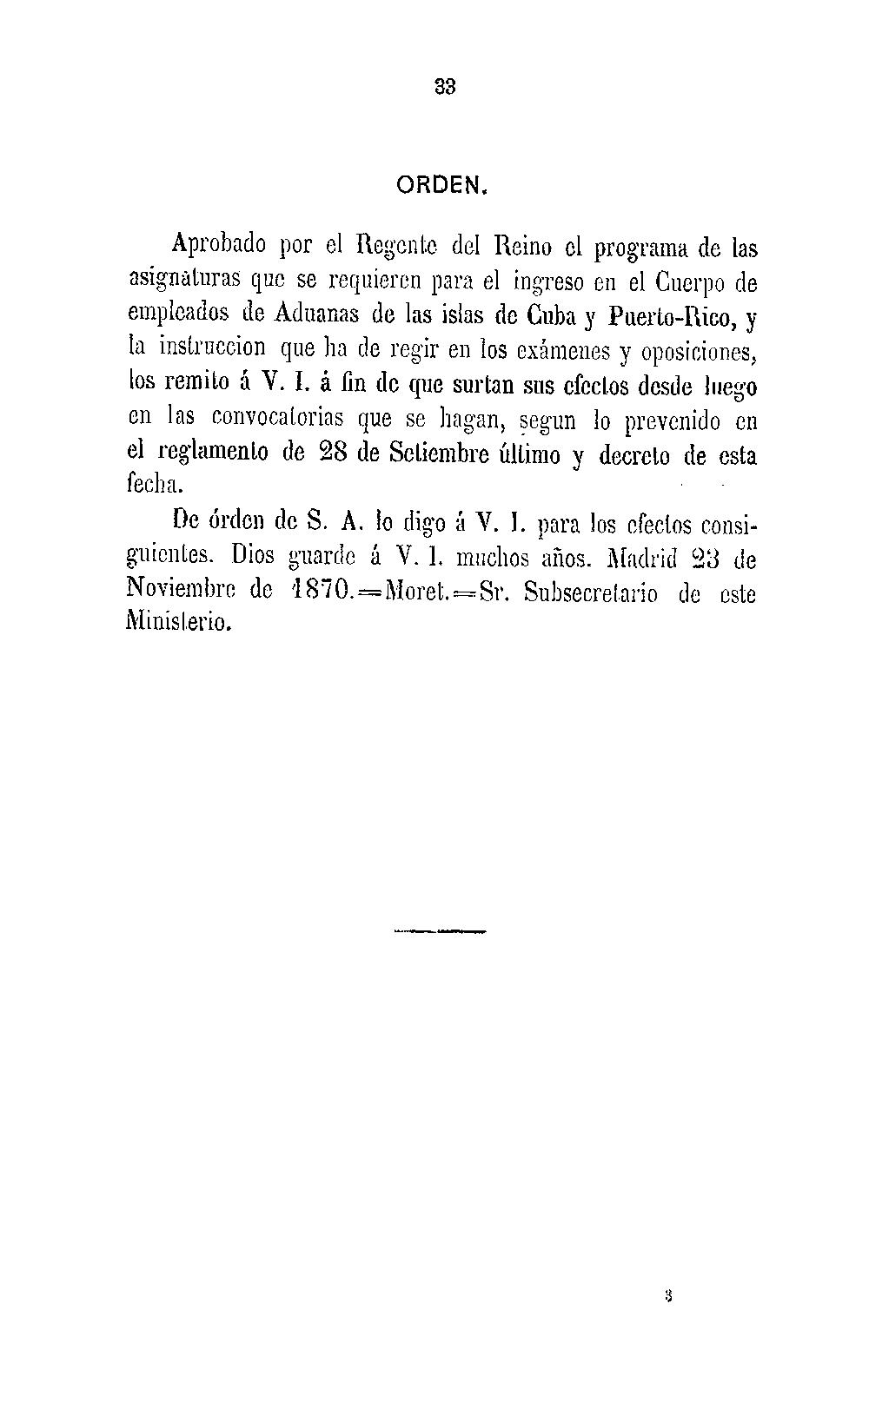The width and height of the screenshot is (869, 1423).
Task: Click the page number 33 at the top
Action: coord(444,87)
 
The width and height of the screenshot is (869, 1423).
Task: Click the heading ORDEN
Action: coord(444,185)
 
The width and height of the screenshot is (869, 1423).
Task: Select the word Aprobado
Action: coord(218,248)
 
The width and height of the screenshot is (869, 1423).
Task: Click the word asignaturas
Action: coord(184,281)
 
